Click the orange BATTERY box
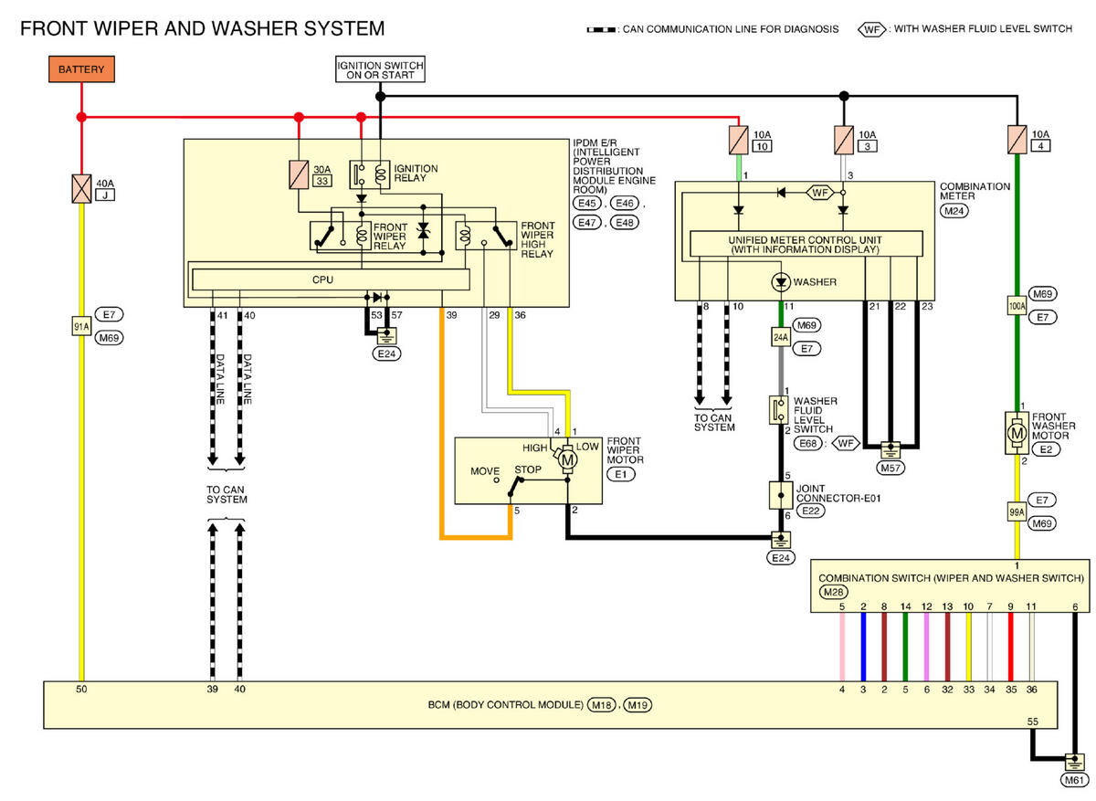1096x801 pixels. tap(81, 69)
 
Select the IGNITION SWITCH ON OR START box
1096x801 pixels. tap(380, 69)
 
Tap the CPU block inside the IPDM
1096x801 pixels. tap(331, 279)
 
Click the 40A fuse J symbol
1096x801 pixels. tap(81, 189)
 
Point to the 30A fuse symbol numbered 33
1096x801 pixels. tap(299, 174)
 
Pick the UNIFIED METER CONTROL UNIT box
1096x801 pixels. tap(806, 244)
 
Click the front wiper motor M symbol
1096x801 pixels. tap(567, 459)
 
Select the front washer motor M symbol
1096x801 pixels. tap(1017, 433)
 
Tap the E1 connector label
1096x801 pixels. tap(620, 474)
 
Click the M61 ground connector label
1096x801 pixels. tap(1074, 780)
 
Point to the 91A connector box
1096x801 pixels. tap(81, 326)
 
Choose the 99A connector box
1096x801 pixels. tap(1017, 511)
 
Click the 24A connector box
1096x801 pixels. tap(781, 337)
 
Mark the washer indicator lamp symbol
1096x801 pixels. tap(781, 282)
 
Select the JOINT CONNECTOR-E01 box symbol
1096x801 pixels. tap(781, 495)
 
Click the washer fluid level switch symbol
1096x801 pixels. tap(778, 410)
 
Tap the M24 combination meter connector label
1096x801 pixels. tap(954, 211)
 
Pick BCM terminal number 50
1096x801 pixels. tap(81, 689)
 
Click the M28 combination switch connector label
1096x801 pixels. tap(833, 592)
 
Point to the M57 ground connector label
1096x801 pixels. tap(890, 468)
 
